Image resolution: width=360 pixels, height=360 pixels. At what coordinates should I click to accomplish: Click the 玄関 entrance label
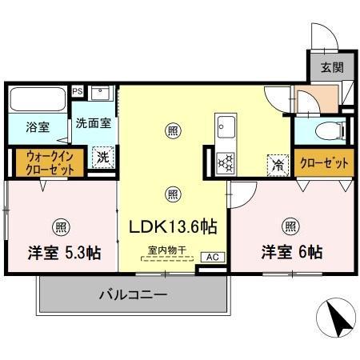click(x=333, y=68)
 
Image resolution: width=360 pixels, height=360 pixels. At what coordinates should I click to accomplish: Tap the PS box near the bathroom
click(x=78, y=91)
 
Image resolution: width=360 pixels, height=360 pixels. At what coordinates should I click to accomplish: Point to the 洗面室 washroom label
click(x=93, y=124)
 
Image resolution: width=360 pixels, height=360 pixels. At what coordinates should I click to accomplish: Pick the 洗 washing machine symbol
click(x=102, y=158)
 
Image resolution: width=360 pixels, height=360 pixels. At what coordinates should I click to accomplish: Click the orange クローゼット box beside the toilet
click(x=324, y=162)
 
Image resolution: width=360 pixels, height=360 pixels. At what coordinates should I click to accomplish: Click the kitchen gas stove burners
click(x=225, y=162)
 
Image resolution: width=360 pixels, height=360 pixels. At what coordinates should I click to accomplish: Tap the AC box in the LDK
click(x=212, y=257)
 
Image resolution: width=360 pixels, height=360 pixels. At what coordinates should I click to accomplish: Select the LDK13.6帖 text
click(x=172, y=227)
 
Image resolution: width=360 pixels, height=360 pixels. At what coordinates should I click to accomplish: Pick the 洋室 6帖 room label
click(x=291, y=253)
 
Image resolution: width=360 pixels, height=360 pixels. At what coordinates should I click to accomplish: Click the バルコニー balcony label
click(x=132, y=295)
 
